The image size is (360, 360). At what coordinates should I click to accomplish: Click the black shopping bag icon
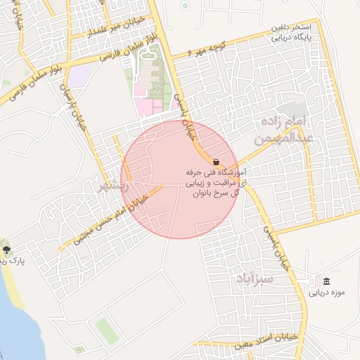215,161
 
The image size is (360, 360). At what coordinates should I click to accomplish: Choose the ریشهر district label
110,187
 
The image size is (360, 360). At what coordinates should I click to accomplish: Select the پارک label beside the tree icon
14,261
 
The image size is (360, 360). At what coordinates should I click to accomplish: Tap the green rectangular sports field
107,330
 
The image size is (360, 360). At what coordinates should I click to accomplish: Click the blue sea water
11,330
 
